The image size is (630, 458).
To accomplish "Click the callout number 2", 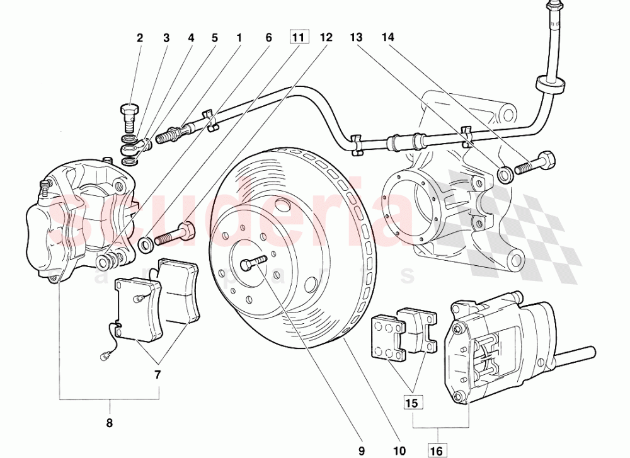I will [140, 38].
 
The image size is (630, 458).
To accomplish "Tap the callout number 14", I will [387, 38].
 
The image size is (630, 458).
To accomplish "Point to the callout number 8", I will [110, 423].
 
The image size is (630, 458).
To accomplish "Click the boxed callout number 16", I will [437, 450].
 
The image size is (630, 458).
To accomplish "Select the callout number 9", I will [362, 450].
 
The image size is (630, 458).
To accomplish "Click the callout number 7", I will [157, 375].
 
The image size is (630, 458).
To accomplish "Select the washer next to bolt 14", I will [505, 173].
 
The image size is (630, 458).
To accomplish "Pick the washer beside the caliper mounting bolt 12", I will [145, 243].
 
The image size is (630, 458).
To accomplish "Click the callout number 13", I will [357, 38].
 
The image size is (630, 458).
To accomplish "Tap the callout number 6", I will [268, 38].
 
